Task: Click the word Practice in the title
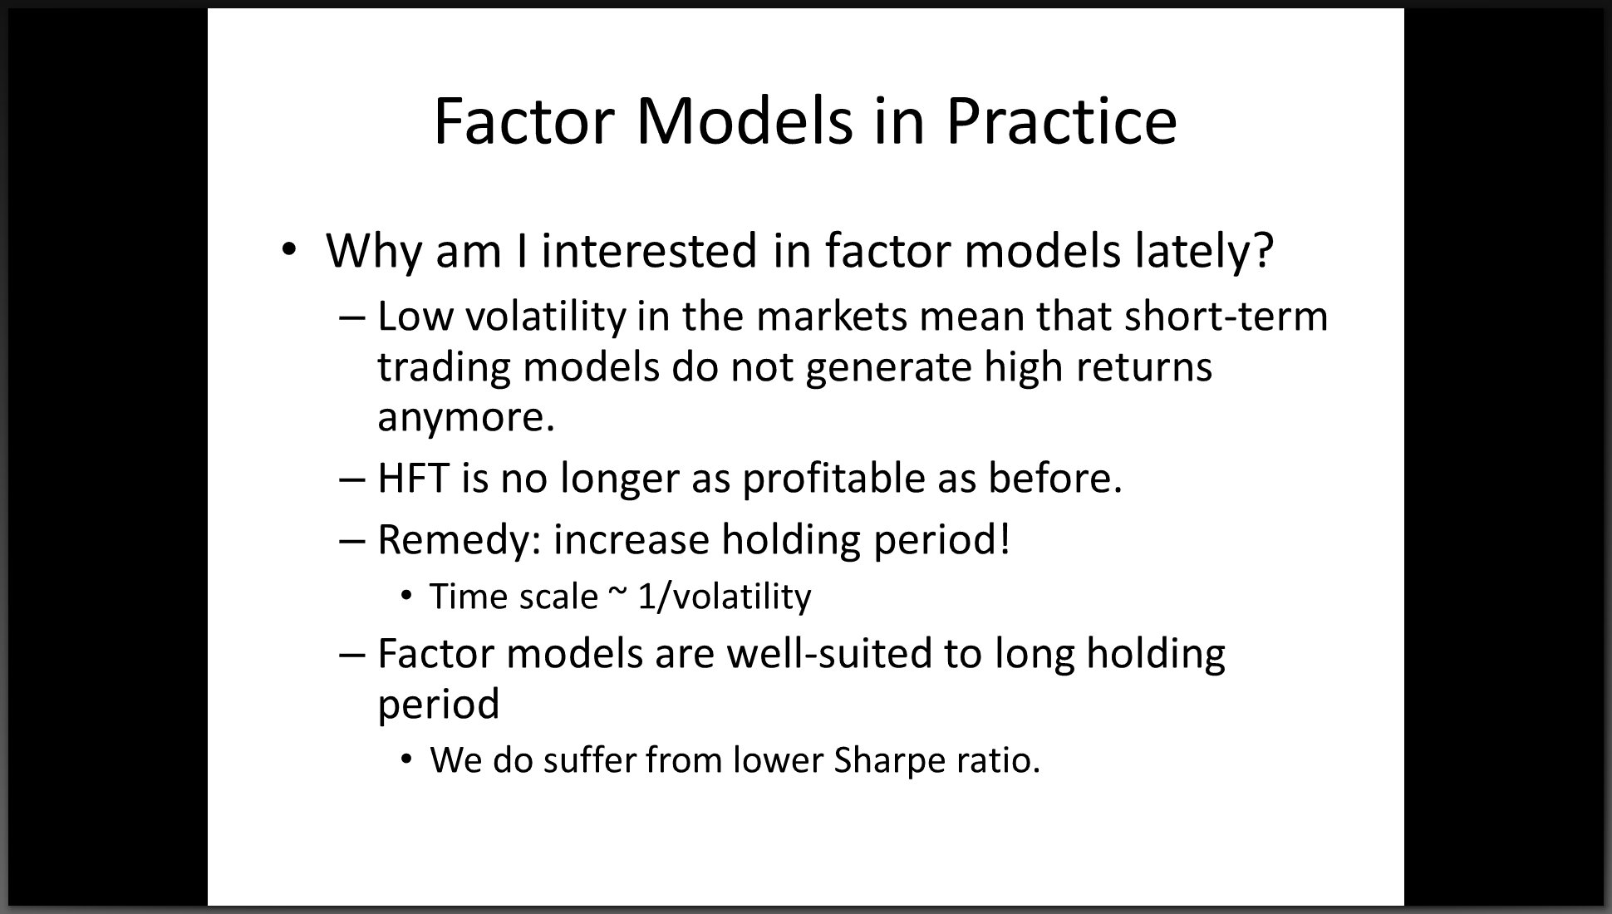click(x=1061, y=121)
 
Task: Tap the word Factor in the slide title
click(x=524, y=121)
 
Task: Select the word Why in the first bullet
click(x=373, y=251)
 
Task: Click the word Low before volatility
click(x=414, y=317)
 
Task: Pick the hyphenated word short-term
click(x=1226, y=317)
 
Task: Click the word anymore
click(x=465, y=417)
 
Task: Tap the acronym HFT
click(x=413, y=478)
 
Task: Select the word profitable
click(x=834, y=478)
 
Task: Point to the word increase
click(x=631, y=540)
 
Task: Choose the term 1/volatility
click(x=725, y=597)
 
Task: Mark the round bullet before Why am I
click(x=288, y=249)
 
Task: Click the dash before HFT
click(x=352, y=479)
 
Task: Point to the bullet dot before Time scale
click(x=406, y=596)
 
